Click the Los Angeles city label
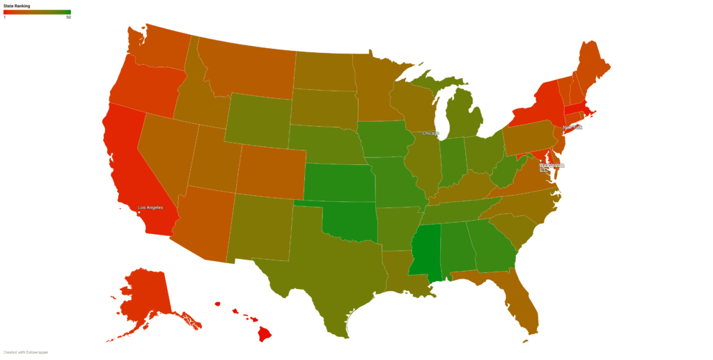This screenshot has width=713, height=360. click(151, 208)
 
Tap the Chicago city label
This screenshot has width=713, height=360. click(430, 133)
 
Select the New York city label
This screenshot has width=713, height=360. click(572, 127)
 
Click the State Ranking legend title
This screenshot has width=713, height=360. click(17, 6)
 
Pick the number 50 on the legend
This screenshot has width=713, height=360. click(68, 17)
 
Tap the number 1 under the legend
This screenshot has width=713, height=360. click(5, 17)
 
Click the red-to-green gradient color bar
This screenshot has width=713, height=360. click(37, 13)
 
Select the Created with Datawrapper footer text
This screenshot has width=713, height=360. click(26, 352)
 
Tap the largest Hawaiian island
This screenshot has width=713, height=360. click(265, 335)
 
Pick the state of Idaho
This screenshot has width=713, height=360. click(192, 98)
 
